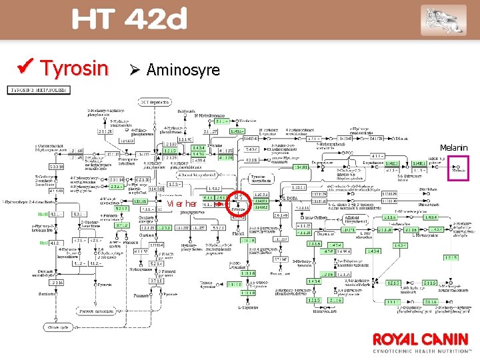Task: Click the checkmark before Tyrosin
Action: [x=28, y=68]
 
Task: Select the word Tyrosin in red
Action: [x=74, y=68]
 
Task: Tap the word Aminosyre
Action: [x=183, y=69]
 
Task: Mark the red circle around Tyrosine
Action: [x=239, y=205]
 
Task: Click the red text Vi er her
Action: [x=181, y=203]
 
